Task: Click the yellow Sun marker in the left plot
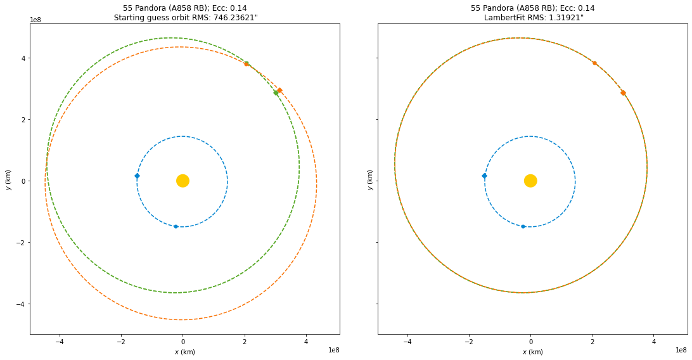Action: tap(183, 181)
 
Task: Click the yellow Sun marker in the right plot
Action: tap(530, 181)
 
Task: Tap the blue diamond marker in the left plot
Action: tap(137, 176)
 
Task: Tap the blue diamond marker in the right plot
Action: tap(484, 176)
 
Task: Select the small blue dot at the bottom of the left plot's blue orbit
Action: tap(176, 226)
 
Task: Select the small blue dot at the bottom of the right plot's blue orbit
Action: tap(523, 226)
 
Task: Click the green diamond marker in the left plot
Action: tap(276, 93)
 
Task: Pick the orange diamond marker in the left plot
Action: tap(279, 90)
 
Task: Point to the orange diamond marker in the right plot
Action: tap(623, 93)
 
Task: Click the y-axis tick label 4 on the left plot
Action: tap(23, 58)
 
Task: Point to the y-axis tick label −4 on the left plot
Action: tap(21, 304)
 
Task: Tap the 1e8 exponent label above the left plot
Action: tap(37, 20)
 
